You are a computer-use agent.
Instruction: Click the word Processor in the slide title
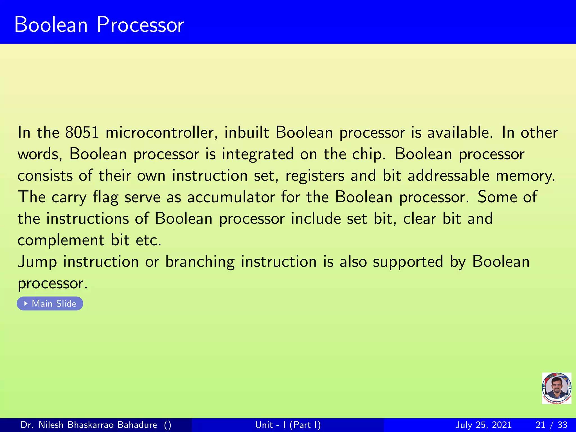click(140, 25)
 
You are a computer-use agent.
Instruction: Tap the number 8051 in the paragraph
click(82, 132)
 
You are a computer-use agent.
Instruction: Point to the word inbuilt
click(246, 132)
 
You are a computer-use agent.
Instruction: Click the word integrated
click(258, 154)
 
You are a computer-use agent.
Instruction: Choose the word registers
click(315, 176)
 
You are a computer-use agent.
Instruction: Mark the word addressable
click(449, 175)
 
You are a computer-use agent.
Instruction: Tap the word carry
click(69, 197)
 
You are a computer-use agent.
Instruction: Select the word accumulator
click(231, 197)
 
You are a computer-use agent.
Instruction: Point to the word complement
click(61, 240)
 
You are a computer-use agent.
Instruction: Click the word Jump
click(37, 262)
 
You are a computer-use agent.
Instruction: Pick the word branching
click(200, 262)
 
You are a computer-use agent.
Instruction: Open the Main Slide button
click(50, 304)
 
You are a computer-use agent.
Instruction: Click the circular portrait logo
click(556, 388)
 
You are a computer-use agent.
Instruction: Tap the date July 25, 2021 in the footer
click(483, 425)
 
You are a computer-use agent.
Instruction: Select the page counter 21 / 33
click(552, 425)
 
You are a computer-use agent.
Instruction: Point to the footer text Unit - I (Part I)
click(288, 425)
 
